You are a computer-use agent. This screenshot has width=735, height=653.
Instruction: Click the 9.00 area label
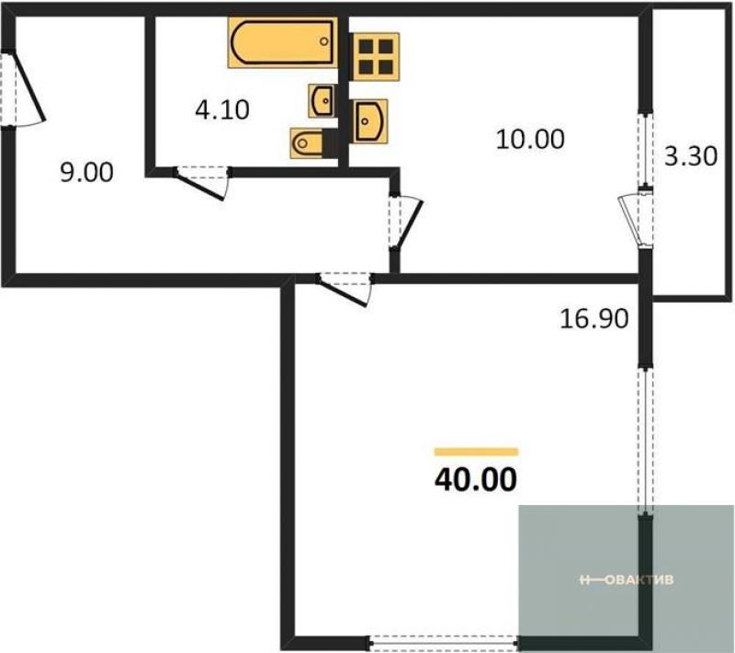tap(86, 172)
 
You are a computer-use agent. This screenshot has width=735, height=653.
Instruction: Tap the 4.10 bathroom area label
tap(222, 110)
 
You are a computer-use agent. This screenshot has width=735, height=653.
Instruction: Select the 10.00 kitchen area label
tap(530, 139)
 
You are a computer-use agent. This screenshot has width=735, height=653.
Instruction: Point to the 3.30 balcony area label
tap(691, 156)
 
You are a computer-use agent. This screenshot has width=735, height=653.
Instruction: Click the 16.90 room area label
tap(594, 319)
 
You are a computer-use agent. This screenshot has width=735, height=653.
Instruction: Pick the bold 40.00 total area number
tap(476, 479)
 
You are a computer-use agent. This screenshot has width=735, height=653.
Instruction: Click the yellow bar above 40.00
tap(476, 452)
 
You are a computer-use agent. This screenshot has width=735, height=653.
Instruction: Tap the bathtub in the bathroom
tap(283, 42)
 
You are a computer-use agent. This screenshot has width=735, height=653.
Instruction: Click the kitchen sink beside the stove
tap(370, 121)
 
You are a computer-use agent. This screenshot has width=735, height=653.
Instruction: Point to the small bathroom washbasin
tap(322, 101)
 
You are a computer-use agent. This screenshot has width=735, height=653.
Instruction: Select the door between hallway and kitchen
tap(405, 221)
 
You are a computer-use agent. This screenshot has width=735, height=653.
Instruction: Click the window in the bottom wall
tap(443, 642)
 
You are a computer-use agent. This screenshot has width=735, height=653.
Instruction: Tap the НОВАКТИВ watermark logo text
tap(627, 579)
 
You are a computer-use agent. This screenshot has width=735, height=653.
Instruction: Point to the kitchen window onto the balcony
tap(646, 149)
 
